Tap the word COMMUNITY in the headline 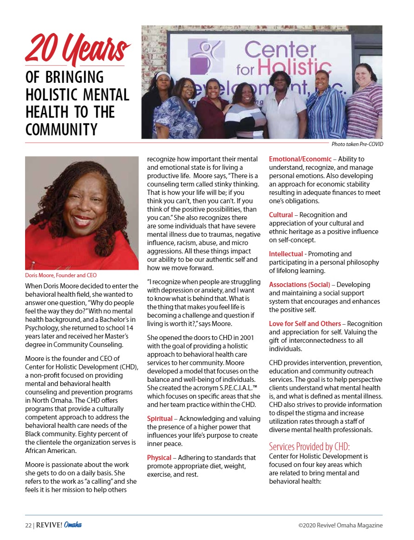61,129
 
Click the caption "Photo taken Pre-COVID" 357,144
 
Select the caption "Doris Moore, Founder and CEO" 61,275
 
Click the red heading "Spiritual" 160,419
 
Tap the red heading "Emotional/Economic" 300,159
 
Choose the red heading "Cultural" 281,215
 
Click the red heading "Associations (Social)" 300,285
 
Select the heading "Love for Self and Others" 305,324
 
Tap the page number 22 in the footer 28,525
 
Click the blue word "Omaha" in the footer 73,525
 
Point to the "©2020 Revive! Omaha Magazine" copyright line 341,525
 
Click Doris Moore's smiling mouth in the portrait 81,220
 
